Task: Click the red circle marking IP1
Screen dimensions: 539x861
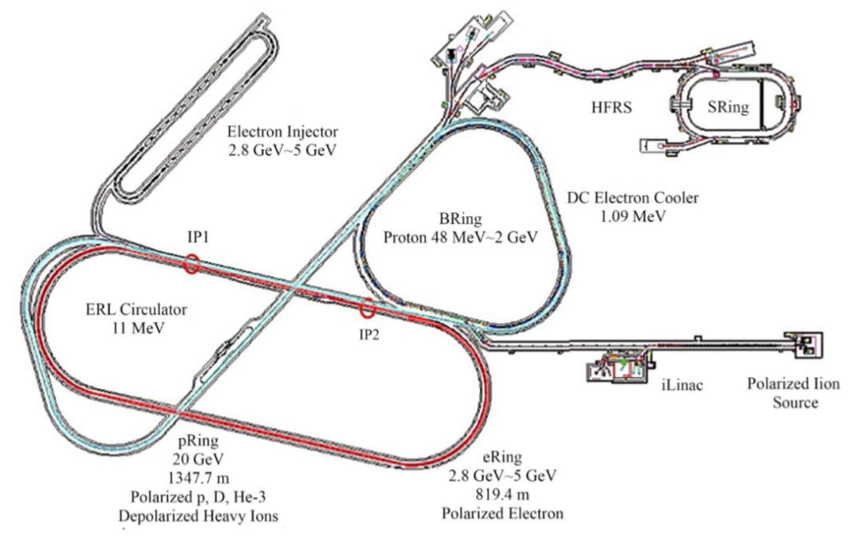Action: [x=191, y=264]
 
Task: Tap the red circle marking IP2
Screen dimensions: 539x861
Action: [x=368, y=308]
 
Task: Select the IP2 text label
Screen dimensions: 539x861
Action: [x=368, y=334]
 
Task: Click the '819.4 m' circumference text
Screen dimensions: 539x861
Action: [x=501, y=494]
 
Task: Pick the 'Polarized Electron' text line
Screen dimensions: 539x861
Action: [x=502, y=513]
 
